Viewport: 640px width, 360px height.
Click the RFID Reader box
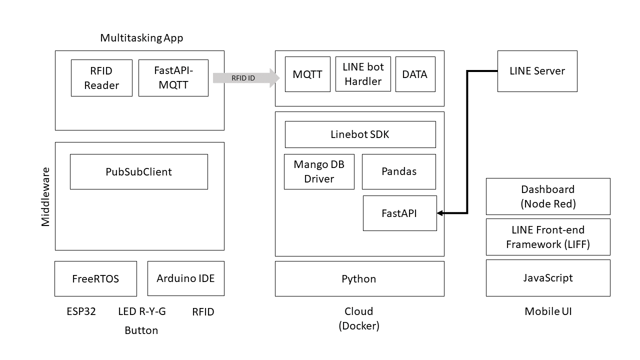click(x=101, y=78)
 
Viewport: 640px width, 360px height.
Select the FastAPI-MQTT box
click(x=173, y=78)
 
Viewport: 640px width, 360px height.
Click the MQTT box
click(x=307, y=74)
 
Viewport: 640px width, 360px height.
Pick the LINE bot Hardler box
click(x=363, y=74)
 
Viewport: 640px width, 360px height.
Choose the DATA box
click(x=415, y=74)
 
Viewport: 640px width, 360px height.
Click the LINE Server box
click(x=537, y=71)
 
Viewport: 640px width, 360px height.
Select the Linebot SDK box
click(x=360, y=134)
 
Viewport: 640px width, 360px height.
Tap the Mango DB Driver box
click(x=319, y=171)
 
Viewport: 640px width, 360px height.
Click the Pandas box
click(x=398, y=171)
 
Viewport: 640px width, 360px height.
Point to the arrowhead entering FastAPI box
click(x=440, y=213)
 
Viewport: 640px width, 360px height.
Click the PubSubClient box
click(x=138, y=171)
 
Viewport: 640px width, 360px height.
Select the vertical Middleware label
click(x=45, y=196)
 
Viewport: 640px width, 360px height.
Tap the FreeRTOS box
click(x=95, y=278)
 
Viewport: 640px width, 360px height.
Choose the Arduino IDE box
click(x=185, y=278)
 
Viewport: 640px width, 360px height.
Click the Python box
click(x=359, y=278)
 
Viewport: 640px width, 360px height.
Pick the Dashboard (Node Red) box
click(x=548, y=196)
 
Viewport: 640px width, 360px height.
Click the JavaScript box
click(x=548, y=277)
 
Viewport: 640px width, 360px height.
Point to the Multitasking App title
click(x=141, y=38)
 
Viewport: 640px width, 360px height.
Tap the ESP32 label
click(x=81, y=312)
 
